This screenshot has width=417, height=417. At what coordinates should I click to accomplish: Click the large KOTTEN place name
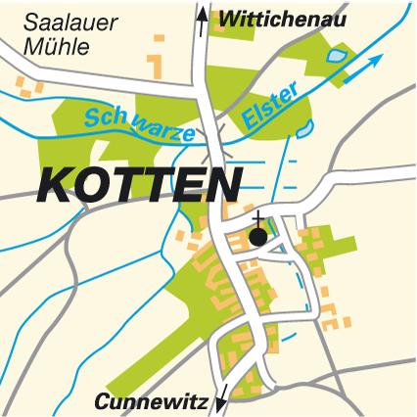(140, 185)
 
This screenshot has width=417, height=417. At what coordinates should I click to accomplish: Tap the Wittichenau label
(283, 18)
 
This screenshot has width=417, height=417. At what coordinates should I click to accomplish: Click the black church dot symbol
(257, 236)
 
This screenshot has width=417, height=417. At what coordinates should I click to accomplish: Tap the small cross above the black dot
(257, 217)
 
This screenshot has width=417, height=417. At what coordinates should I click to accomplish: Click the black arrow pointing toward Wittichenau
(203, 20)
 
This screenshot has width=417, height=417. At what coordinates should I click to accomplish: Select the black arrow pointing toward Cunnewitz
(221, 397)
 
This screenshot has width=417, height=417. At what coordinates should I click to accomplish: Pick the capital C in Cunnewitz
(103, 400)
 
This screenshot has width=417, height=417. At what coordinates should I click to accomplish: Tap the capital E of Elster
(249, 119)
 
